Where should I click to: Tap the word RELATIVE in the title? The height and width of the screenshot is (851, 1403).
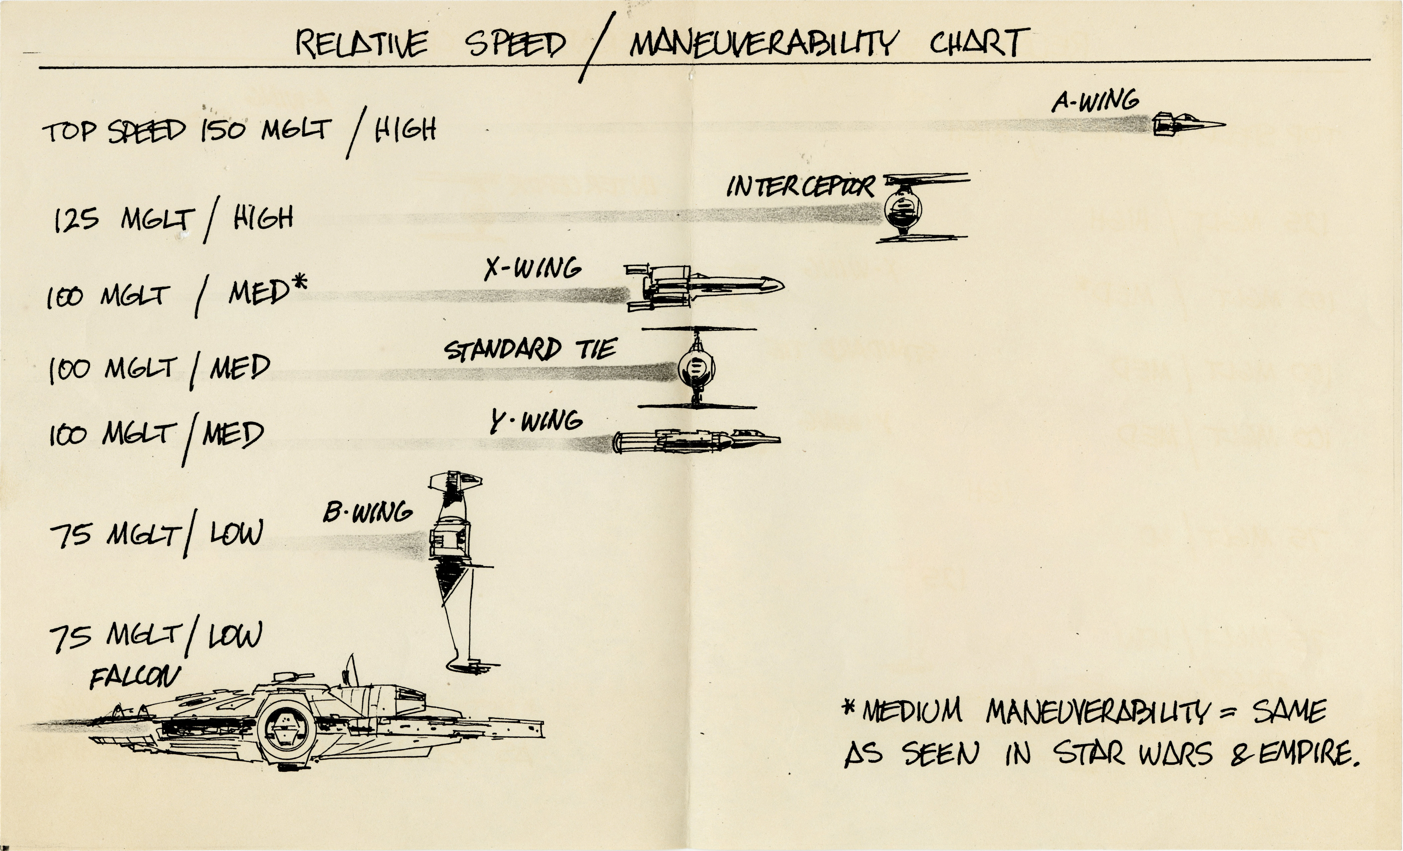pos(362,44)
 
